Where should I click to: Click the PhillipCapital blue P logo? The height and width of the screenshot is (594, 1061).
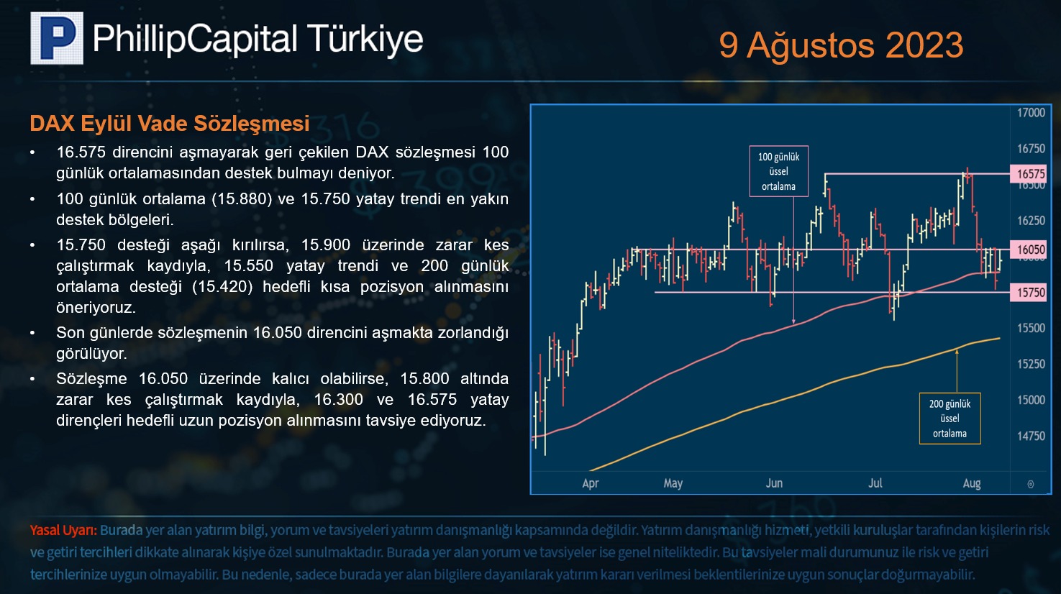click(57, 38)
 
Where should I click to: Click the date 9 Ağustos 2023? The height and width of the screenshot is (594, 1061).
click(841, 46)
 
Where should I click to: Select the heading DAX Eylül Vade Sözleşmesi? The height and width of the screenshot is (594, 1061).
click(170, 124)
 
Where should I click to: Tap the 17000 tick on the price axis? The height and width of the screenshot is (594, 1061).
click(1031, 113)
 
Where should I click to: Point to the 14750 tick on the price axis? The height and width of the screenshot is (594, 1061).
click(1031, 436)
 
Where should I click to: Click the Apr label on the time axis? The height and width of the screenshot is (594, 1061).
click(590, 484)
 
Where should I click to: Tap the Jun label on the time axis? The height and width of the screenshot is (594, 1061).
click(774, 483)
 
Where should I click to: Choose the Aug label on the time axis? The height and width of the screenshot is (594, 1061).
click(972, 484)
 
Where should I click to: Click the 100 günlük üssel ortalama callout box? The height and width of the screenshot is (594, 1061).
click(779, 171)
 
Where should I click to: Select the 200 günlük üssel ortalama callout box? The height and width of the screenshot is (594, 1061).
click(950, 419)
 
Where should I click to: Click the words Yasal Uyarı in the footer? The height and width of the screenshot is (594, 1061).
click(63, 531)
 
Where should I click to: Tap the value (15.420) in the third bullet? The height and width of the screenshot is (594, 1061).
click(222, 287)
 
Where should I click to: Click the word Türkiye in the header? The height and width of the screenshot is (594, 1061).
click(365, 40)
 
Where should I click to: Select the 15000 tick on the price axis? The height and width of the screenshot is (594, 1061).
click(1031, 400)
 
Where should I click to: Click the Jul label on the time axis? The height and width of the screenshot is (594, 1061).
click(875, 483)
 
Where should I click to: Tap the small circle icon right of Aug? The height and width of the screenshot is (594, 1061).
click(1030, 484)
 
